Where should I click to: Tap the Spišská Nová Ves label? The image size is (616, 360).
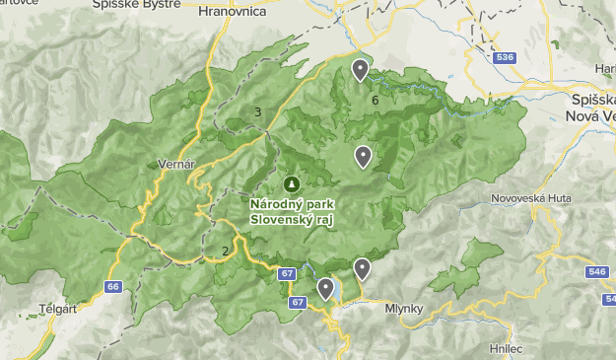(593, 108)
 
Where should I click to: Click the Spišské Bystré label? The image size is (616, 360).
(136, 4)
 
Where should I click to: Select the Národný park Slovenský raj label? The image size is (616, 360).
(292, 211)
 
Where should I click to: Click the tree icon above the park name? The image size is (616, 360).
(292, 184)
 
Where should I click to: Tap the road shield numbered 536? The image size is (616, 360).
(507, 58)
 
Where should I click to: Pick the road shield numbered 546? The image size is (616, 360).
(596, 271)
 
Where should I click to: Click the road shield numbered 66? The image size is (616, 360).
(113, 287)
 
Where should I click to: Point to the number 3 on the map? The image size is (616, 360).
(258, 111)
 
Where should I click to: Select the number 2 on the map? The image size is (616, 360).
(225, 251)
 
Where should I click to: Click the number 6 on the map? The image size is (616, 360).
(376, 100)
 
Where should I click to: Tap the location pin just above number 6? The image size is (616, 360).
(360, 70)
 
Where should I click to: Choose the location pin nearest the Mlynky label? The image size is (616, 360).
(362, 268)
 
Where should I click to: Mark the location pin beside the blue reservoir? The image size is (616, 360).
(325, 288)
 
